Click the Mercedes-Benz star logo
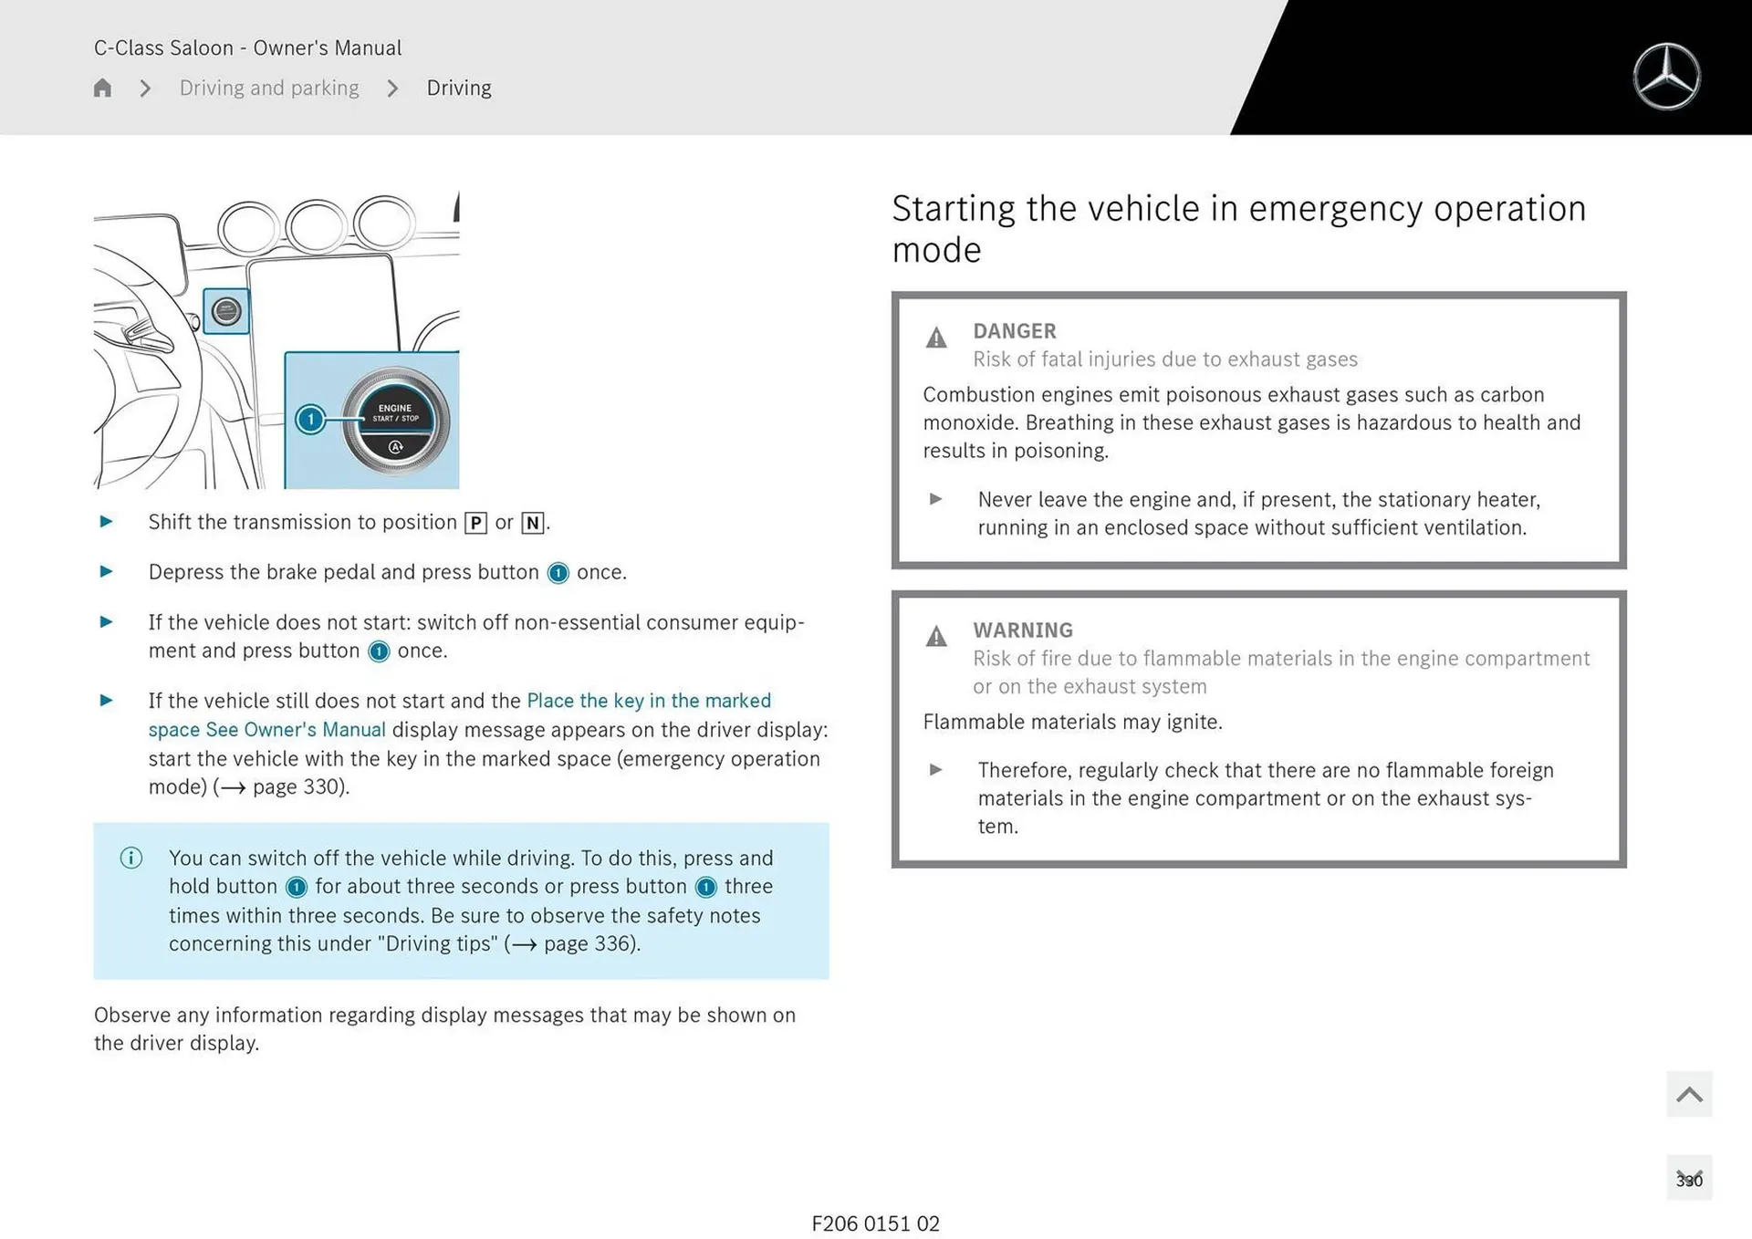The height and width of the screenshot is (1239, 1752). tap(1666, 77)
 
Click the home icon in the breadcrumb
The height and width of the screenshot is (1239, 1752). tap(102, 88)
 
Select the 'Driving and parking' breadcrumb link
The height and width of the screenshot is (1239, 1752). tap(269, 88)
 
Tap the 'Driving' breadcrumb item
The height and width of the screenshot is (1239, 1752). tap(459, 88)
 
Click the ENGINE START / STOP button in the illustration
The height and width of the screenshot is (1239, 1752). tap(395, 421)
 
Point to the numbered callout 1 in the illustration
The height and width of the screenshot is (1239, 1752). tap(310, 419)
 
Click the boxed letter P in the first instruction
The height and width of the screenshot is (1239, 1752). tap(475, 523)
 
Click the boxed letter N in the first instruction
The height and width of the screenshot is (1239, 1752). tap(533, 523)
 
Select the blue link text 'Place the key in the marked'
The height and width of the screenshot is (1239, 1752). tap(649, 701)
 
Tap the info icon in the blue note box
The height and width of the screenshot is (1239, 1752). tap(131, 858)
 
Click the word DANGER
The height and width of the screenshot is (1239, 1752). tap(1014, 331)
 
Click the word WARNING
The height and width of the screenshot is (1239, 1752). tap(1022, 630)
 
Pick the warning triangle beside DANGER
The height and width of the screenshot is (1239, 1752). tap(936, 338)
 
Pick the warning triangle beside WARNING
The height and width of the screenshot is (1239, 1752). tap(936, 637)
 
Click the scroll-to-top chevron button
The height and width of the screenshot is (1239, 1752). tap(1689, 1094)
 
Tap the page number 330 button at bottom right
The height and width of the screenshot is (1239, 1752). tap(1689, 1180)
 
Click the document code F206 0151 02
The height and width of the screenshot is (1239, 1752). tap(875, 1223)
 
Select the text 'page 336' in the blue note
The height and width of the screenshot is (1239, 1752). tap(580, 943)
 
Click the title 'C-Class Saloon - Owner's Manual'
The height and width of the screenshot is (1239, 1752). tap(247, 47)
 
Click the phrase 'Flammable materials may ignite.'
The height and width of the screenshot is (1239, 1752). tap(1072, 722)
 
